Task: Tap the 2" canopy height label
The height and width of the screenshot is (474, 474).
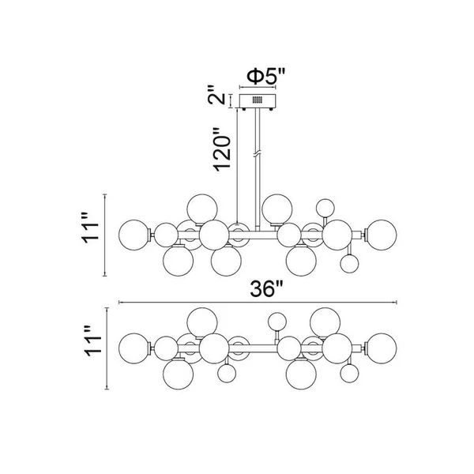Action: (x=216, y=95)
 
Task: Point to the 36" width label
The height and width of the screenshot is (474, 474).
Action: (x=266, y=288)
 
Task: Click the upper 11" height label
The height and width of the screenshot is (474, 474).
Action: (x=90, y=228)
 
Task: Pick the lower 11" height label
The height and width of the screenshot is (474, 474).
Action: (x=92, y=341)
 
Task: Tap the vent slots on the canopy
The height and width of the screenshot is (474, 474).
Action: (x=258, y=100)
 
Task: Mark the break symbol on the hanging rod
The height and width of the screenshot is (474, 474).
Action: (x=258, y=155)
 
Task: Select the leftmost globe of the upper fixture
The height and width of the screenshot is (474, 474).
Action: (x=134, y=235)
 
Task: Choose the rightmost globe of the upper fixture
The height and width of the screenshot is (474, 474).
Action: (x=382, y=235)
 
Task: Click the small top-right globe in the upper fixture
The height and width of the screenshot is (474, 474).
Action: (x=325, y=208)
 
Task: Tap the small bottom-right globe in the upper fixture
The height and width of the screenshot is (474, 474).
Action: (x=349, y=264)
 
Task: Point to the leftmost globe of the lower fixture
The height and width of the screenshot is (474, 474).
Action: (x=134, y=348)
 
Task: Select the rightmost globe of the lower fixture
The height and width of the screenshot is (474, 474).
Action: (x=382, y=348)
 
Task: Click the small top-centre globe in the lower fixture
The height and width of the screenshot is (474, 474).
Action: (x=277, y=322)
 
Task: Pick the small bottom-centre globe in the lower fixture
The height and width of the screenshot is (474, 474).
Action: (x=227, y=374)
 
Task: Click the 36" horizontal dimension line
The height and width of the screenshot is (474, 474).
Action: (x=258, y=302)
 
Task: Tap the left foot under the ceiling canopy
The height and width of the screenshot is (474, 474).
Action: (x=244, y=109)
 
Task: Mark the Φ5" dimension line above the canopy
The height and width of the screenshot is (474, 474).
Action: (x=258, y=88)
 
